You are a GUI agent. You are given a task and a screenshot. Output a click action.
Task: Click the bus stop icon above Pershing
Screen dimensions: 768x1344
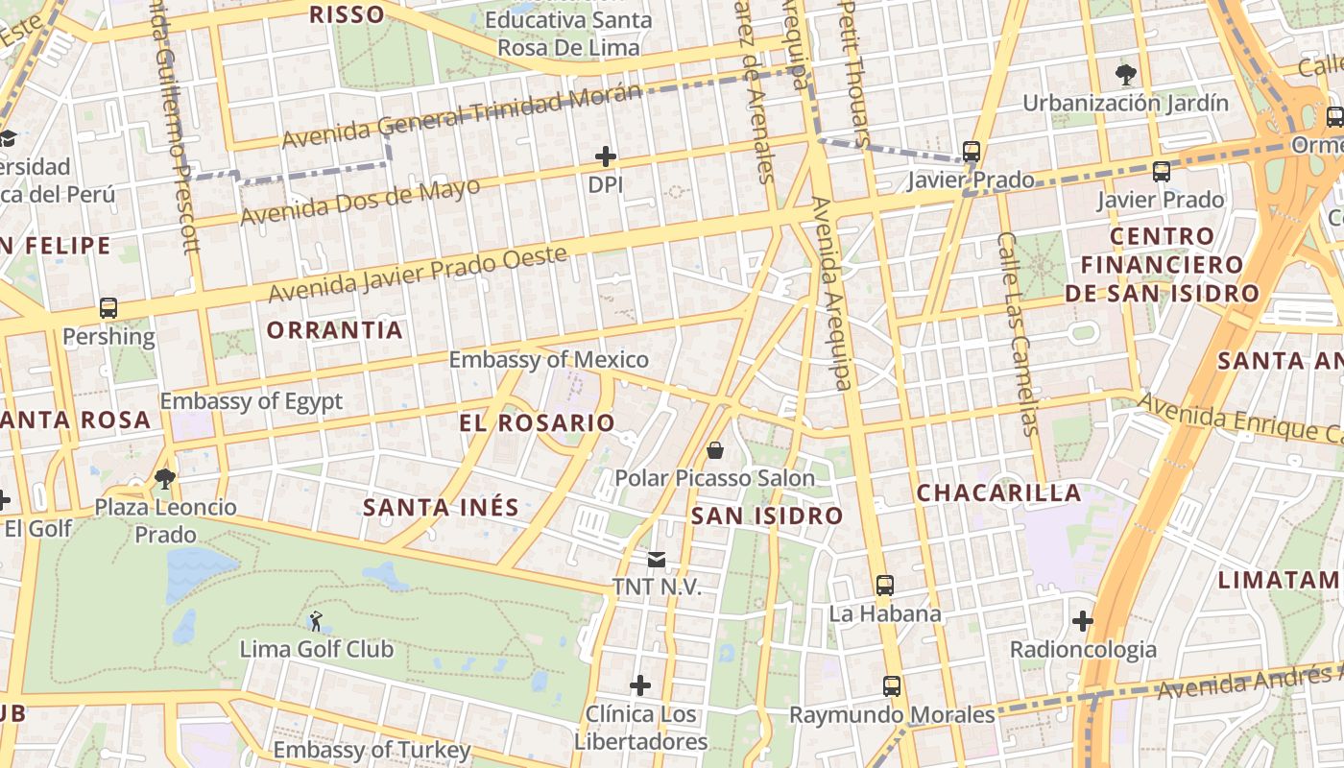108,308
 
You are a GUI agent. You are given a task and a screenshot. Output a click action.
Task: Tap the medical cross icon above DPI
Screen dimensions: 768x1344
605,156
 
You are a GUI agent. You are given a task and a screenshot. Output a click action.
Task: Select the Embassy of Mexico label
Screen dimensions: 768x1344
549,360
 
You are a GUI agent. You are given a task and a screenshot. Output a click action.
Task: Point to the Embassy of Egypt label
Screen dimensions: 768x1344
251,401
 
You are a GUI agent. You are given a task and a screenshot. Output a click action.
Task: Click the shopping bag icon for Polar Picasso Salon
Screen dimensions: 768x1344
715,449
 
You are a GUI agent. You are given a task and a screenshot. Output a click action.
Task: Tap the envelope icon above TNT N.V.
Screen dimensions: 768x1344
657,559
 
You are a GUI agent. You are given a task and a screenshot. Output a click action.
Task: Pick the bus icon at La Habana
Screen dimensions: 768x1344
884,585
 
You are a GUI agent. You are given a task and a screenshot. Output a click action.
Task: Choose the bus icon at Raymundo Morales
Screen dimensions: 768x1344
892,686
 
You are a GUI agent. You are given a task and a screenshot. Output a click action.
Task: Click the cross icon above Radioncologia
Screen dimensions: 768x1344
1083,621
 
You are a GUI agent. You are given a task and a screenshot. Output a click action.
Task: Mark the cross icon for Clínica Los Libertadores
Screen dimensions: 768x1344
640,685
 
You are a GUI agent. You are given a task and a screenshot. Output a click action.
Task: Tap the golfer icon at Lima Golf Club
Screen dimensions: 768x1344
316,621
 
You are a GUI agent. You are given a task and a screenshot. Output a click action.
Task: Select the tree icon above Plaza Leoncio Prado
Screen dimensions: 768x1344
165,478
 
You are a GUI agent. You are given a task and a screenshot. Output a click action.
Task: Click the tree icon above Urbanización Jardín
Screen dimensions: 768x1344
1125,74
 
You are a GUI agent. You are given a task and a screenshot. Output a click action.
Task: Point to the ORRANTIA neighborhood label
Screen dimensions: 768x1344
334,330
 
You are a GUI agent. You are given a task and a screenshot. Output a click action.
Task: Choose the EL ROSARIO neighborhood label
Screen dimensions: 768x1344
537,422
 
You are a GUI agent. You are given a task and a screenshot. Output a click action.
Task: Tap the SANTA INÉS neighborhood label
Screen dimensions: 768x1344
441,507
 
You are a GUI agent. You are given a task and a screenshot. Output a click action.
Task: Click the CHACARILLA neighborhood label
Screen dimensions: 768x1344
998,493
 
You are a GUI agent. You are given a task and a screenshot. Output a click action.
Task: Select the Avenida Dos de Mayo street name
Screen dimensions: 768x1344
360,202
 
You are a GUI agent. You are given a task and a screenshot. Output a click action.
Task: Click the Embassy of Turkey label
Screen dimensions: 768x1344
372,750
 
